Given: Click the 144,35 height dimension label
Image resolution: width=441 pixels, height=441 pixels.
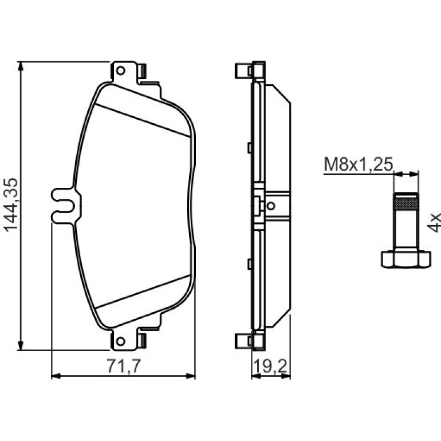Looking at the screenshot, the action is (11, 205).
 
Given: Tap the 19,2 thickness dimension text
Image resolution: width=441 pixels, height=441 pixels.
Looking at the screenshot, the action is (270, 367).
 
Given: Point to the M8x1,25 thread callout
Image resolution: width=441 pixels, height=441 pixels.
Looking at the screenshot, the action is (359, 164).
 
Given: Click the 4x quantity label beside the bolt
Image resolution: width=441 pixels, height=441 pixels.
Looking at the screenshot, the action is (434, 222).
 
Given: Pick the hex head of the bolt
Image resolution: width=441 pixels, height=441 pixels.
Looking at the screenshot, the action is (406, 259).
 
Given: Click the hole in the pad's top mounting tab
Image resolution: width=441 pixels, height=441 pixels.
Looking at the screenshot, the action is (121, 70).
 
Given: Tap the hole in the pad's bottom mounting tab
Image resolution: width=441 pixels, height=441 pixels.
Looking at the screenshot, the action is (121, 341).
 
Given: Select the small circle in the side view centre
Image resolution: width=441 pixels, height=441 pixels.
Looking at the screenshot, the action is (271, 206).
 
